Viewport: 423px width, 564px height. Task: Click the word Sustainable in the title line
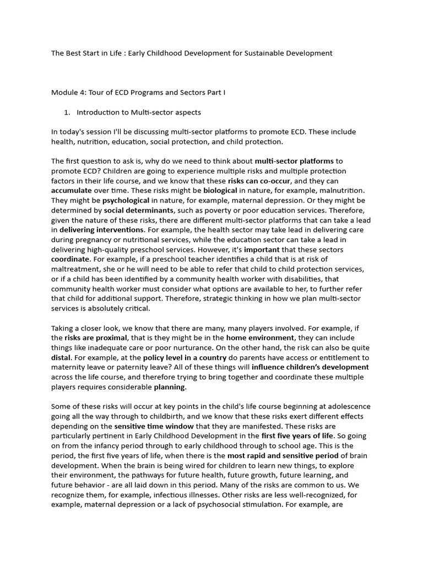258,53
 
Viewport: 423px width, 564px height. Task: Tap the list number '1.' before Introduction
67,112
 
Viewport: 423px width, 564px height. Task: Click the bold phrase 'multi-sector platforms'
294,161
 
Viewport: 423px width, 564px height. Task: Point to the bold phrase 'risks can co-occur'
259,181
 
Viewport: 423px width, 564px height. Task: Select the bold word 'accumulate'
73,191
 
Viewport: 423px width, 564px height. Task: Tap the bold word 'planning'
170,387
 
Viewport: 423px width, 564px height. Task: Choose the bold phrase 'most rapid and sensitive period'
276,457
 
